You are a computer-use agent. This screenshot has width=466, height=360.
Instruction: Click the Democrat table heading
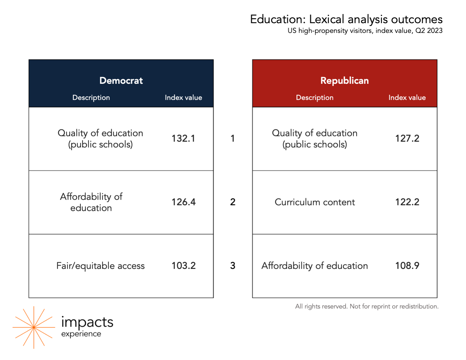point(121,80)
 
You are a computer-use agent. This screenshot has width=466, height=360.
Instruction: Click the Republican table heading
point(344,80)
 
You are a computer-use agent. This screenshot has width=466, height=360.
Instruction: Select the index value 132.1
point(183,138)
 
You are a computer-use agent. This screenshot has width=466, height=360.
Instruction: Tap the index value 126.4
point(184,202)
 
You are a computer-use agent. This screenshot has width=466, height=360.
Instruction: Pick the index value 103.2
point(184,266)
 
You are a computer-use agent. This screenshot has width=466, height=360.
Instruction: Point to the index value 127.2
point(407,138)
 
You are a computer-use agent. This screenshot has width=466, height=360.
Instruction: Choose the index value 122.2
point(407,202)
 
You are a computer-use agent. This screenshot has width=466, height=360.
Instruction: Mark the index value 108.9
point(407,266)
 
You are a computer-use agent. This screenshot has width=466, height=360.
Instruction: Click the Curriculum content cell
point(315,202)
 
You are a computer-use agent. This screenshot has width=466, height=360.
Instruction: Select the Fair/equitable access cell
point(100,266)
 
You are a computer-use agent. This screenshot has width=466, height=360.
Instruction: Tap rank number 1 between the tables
point(233,138)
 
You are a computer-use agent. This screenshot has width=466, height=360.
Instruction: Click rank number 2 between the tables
point(233,202)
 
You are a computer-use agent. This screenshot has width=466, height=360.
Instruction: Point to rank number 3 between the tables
point(233,266)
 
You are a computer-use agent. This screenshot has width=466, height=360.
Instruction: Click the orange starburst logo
point(34,327)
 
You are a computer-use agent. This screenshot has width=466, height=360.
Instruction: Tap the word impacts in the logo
point(87,322)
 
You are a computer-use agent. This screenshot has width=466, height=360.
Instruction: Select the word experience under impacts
point(81,334)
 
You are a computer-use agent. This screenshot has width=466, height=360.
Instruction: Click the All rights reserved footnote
point(367,306)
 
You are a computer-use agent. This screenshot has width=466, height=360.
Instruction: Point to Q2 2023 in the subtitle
point(429,31)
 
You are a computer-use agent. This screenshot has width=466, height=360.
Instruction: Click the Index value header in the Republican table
point(407,98)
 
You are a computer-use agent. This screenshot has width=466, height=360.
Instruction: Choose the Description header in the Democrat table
point(91,98)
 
